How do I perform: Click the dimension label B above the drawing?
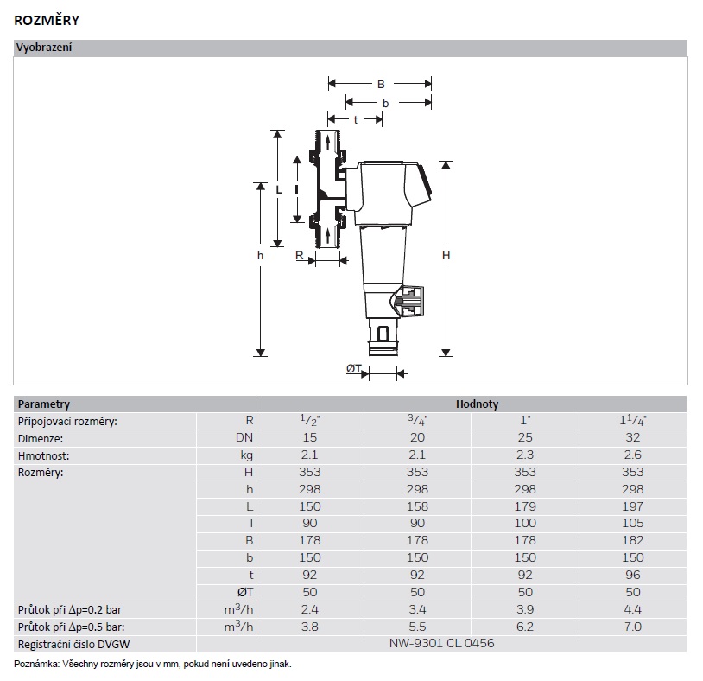pyautogui.click(x=380, y=84)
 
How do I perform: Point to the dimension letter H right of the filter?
pyautogui.click(x=446, y=256)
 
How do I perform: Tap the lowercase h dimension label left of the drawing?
pyautogui.click(x=260, y=256)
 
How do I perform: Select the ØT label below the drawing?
pyautogui.click(x=353, y=369)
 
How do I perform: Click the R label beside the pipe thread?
pyautogui.click(x=299, y=256)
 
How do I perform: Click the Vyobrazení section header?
pyautogui.click(x=44, y=48)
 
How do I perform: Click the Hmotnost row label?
pyautogui.click(x=44, y=455)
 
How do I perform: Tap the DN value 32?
pyautogui.click(x=633, y=437)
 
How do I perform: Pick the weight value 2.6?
pyautogui.click(x=633, y=455)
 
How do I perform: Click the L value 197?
pyautogui.click(x=633, y=506)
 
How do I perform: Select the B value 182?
pyautogui.click(x=633, y=541)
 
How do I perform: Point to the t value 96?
pyautogui.click(x=633, y=575)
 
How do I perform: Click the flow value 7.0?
pyautogui.click(x=633, y=627)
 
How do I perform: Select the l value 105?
pyautogui.click(x=633, y=524)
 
